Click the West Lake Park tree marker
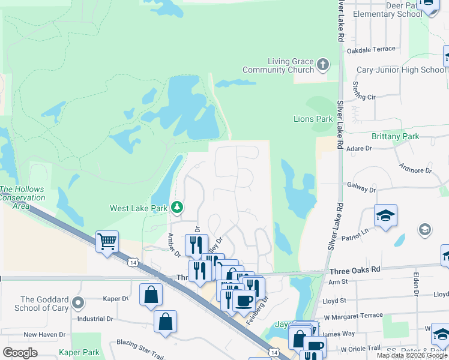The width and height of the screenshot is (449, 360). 176,208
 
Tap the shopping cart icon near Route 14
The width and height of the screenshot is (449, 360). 107,242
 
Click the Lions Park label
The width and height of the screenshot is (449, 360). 313,119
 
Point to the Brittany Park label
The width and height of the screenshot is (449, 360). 395,136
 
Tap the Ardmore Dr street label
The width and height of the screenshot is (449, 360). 416,170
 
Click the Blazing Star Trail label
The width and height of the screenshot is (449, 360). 140,344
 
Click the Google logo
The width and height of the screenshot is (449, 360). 20,352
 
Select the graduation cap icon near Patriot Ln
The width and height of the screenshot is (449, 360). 385,215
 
